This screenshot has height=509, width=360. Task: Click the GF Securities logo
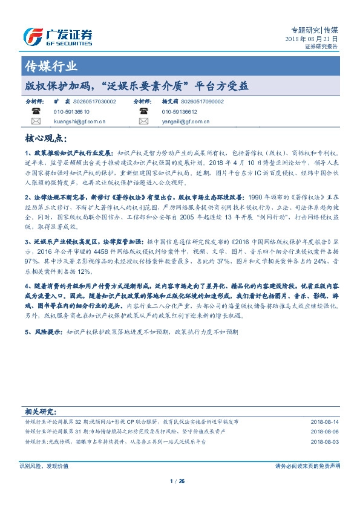coord(57,36)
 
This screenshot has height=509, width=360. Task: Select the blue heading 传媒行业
coord(51,66)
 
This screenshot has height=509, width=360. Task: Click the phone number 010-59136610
coord(71,112)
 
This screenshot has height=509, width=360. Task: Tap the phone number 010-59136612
coord(180,112)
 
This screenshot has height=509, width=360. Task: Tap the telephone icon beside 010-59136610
coord(36,112)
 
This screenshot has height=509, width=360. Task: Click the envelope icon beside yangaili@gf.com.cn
coord(144,122)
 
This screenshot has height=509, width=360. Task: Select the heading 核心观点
coord(43,138)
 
